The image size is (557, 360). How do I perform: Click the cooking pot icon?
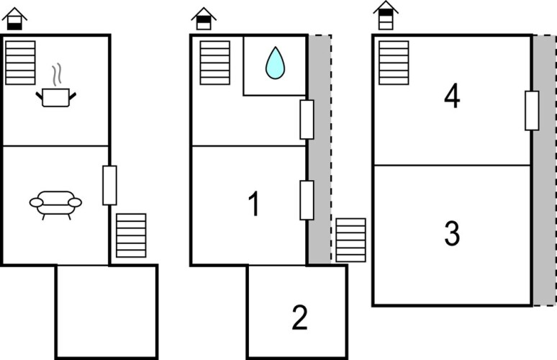[x=55, y=96]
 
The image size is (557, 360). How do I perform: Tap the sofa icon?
[x=55, y=203]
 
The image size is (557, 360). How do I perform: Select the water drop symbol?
[x=275, y=63]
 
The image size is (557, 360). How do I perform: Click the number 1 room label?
[x=253, y=206]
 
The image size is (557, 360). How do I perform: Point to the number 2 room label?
[x=299, y=318]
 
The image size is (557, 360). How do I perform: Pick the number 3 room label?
[x=451, y=234]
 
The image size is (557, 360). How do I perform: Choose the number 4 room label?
[x=451, y=96]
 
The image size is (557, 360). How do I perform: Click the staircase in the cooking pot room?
[x=20, y=63]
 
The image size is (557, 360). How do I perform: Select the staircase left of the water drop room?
[x=214, y=63]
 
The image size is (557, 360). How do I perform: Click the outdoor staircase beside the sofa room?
[x=131, y=235]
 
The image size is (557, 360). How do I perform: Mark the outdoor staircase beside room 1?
[x=350, y=240]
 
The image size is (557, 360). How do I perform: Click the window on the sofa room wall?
[x=109, y=185]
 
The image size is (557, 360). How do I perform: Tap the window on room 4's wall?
[x=532, y=110]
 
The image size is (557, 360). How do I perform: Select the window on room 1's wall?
[x=307, y=200]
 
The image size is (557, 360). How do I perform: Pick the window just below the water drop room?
[x=307, y=120]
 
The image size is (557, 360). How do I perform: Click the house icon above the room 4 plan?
[x=386, y=16]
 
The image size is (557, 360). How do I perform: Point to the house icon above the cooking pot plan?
[x=14, y=19]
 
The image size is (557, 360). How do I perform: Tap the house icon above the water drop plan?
[x=204, y=19]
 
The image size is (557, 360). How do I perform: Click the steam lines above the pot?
[x=55, y=74]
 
